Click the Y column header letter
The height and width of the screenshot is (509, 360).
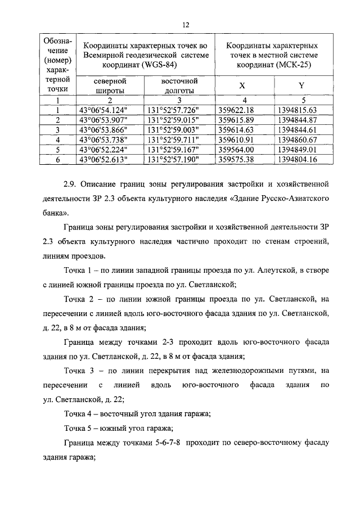[301, 85]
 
